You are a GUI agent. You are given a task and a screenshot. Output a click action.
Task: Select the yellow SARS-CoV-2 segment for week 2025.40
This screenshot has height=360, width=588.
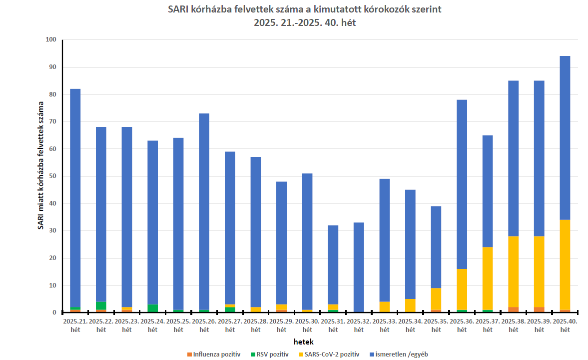pos(565,265)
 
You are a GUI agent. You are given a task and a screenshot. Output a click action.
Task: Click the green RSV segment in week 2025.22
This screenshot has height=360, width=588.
pos(101,306)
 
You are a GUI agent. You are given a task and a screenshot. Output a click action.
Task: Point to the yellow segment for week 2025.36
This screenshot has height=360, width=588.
pos(462,289)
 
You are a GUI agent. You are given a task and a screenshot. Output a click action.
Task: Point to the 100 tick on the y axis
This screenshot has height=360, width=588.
pos(51,40)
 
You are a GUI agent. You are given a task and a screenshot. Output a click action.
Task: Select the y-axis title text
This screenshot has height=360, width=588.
pos(40,165)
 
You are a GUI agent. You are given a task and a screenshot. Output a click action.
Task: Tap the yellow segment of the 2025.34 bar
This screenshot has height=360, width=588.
pos(410,305)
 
